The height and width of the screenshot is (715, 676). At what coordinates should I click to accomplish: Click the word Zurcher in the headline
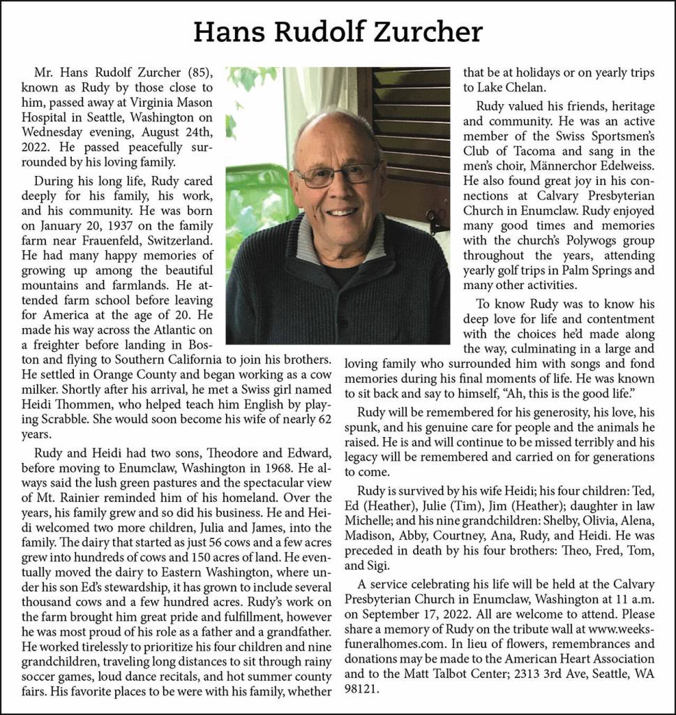(433, 31)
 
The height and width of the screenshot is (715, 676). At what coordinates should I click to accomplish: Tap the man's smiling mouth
(343, 211)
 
